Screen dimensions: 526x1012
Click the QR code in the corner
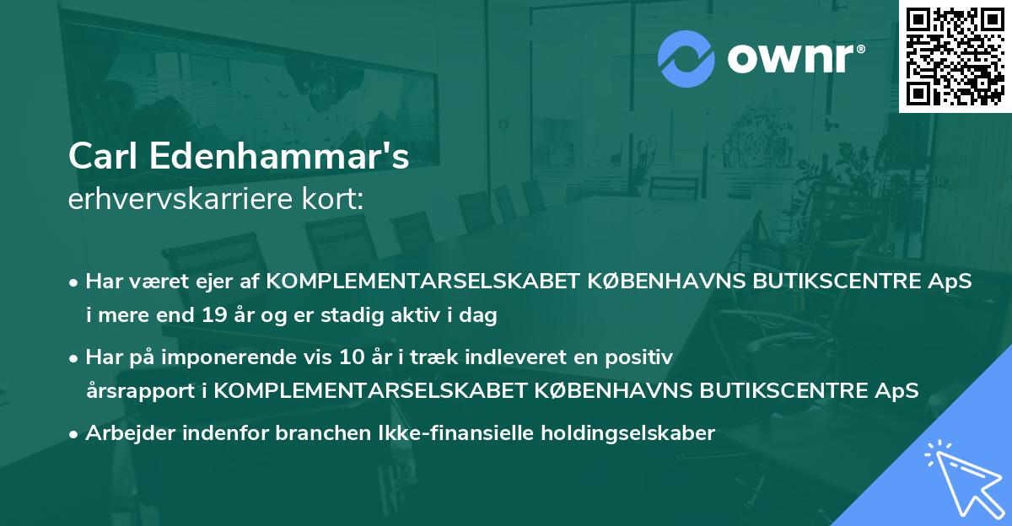click(x=955, y=56)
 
